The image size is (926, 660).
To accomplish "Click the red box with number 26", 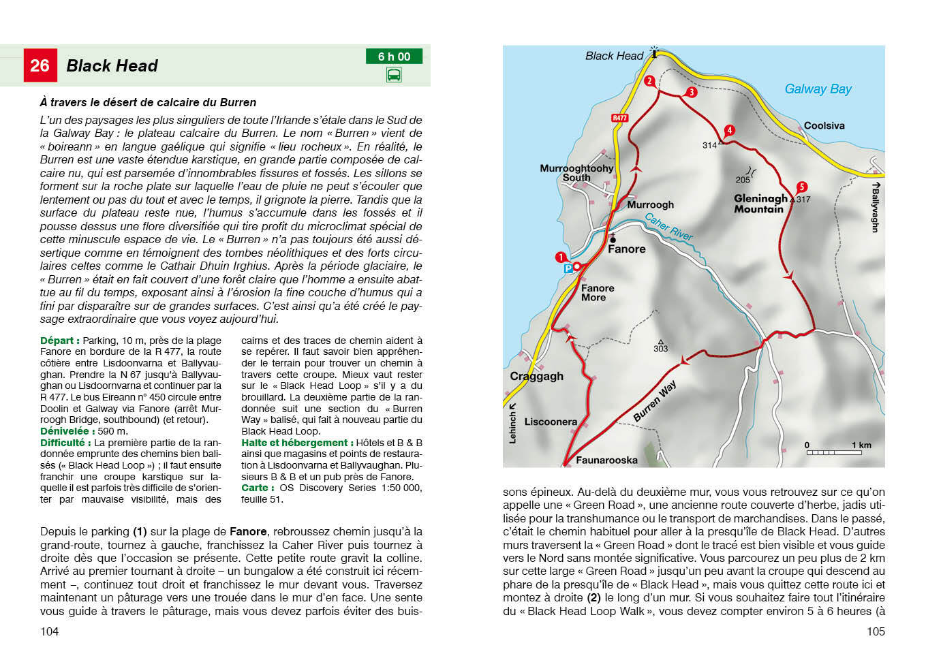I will click(40, 65).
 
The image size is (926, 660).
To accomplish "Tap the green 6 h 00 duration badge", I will click(394, 57).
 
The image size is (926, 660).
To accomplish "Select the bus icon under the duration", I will click(394, 75).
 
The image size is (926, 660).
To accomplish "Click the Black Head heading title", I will click(112, 65).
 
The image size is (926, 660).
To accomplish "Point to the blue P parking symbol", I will click(568, 269).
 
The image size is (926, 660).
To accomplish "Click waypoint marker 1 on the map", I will click(561, 257).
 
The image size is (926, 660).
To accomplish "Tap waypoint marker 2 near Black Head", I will click(649, 81).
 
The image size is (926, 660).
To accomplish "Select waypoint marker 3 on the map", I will click(692, 92).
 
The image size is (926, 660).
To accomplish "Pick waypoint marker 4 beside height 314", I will click(729, 130).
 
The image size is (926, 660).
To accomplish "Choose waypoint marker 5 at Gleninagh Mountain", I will click(801, 187).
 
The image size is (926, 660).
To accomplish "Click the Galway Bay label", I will click(818, 89).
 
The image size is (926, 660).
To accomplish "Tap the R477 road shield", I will click(619, 118).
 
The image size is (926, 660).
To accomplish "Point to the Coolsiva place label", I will click(824, 125).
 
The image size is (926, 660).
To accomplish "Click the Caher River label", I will click(668, 227).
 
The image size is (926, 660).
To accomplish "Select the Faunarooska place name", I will click(606, 460).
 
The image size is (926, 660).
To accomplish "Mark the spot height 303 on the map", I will click(660, 348).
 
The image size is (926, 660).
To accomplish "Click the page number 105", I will click(876, 631).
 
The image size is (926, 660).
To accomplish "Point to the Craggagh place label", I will click(536, 376).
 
